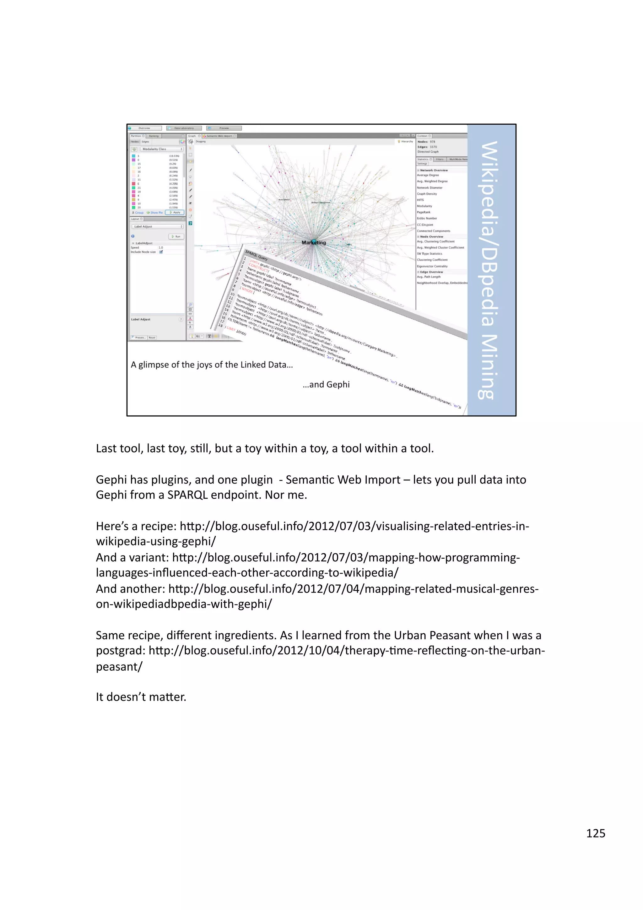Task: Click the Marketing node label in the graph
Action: [x=313, y=242]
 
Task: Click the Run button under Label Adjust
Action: [x=176, y=236]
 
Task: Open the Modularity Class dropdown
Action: [x=162, y=149]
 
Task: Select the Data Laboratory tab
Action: [x=184, y=128]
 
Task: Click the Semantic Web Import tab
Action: [x=219, y=136]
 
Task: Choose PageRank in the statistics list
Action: [x=424, y=212]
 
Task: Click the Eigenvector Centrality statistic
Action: [x=432, y=266]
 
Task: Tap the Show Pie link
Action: [x=156, y=213]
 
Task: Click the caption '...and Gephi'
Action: [x=326, y=384]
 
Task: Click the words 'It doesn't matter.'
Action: [x=141, y=696]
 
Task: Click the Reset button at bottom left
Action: [x=152, y=338]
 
